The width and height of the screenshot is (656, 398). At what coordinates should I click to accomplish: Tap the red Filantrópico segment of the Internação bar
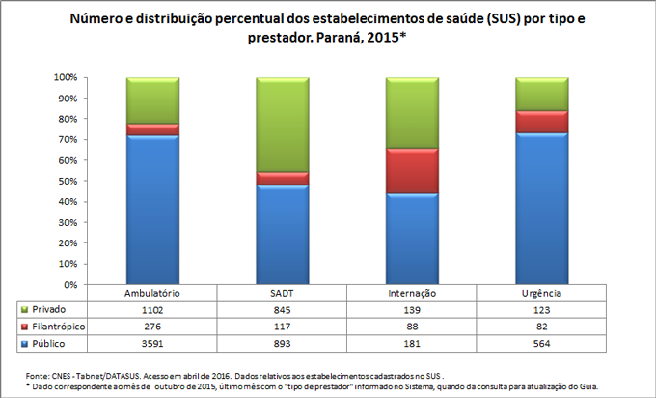(x=412, y=170)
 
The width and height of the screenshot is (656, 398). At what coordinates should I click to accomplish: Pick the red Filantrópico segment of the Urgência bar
(x=541, y=121)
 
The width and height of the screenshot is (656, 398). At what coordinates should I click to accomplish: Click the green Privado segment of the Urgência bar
(x=541, y=94)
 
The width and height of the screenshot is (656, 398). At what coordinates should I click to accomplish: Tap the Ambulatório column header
(x=152, y=293)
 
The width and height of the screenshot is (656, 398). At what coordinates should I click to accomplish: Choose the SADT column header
(x=282, y=293)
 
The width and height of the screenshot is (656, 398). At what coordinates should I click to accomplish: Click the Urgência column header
(x=541, y=293)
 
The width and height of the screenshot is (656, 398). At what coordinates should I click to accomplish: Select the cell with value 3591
(x=152, y=343)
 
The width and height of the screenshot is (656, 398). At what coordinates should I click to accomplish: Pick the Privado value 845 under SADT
(x=282, y=309)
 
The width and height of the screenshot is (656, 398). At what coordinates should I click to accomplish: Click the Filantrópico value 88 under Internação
(x=412, y=327)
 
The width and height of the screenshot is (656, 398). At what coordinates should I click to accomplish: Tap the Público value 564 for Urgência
(x=541, y=343)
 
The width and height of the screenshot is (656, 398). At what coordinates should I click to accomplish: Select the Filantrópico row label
(x=59, y=327)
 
